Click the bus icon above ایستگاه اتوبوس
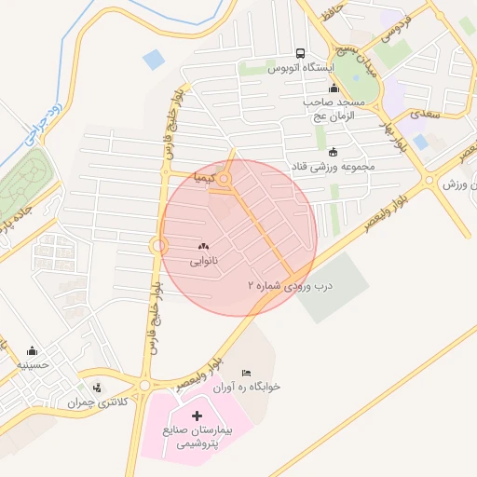click(300, 53)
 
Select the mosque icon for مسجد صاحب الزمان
click(334, 88)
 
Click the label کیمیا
click(204, 176)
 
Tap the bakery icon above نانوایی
click(204, 246)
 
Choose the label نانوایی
click(204, 262)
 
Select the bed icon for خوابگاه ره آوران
click(246, 372)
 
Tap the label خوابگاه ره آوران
click(248, 386)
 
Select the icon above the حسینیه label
click(33, 351)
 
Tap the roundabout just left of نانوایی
click(157, 245)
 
